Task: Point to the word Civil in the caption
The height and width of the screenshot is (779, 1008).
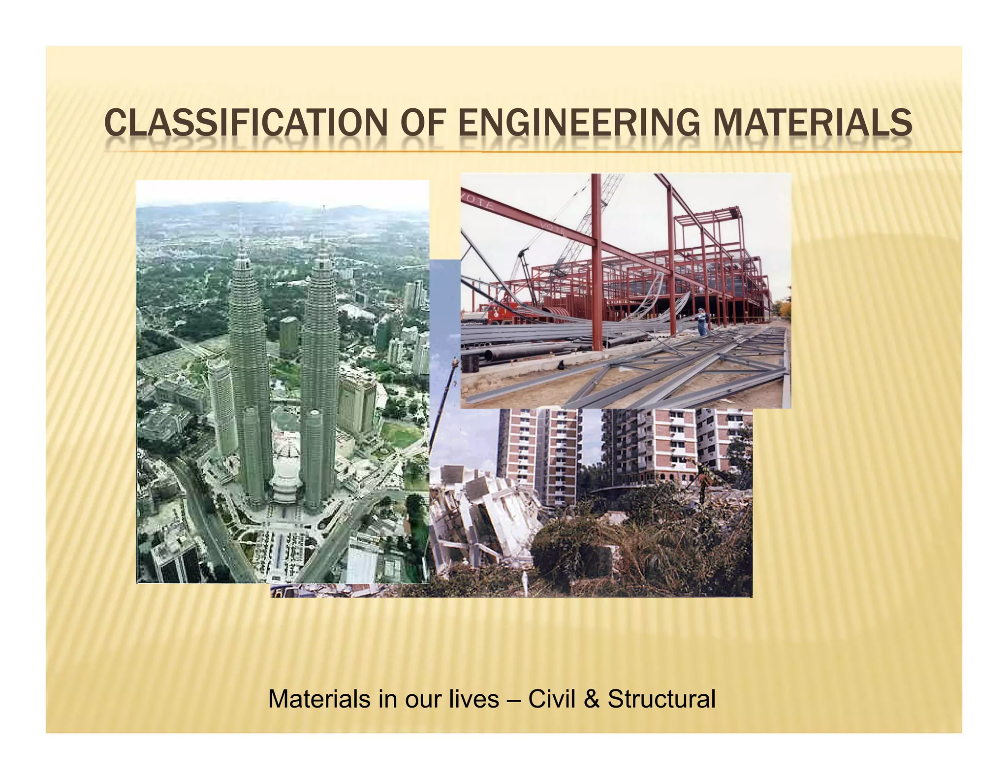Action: (x=551, y=699)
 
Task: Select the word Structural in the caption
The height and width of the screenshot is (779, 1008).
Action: (x=661, y=699)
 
